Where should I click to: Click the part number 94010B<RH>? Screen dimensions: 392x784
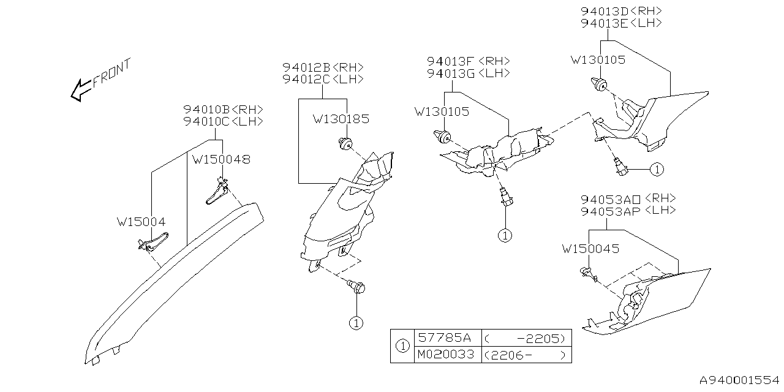coord(223,110)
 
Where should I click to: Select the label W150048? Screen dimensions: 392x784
coord(221,160)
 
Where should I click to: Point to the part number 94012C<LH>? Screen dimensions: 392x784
coord(323,79)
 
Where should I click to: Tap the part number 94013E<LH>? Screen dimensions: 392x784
coord(620,23)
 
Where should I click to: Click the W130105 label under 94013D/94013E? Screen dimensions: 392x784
coord(598,60)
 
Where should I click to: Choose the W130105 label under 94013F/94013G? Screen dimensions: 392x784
coord(442,111)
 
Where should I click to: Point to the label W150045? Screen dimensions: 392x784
coord(590,249)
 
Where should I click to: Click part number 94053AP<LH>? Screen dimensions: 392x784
coord(628,210)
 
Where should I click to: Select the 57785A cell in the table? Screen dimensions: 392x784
coord(444,337)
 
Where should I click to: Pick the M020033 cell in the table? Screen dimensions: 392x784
coord(447,355)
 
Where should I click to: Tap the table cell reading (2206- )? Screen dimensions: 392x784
coord(525,355)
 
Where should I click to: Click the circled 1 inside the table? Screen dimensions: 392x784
coord(402,346)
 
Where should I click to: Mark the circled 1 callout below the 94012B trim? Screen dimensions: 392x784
coord(356,322)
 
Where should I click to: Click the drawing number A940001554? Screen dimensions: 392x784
coord(740,380)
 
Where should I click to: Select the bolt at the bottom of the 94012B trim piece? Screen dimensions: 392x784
coord(356,285)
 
